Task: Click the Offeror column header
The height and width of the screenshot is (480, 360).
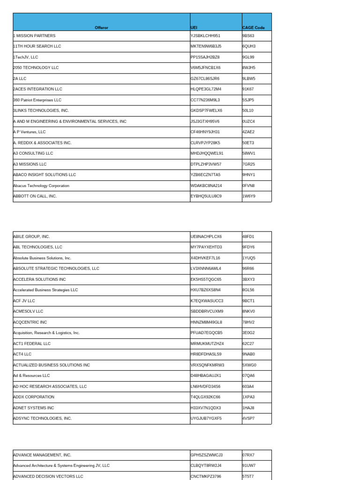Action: pos(101,28)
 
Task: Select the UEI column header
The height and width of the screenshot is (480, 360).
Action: pos(194,28)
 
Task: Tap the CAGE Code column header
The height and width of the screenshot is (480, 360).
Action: pos(253,28)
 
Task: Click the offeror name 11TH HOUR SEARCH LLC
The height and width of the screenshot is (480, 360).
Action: pos(37,46)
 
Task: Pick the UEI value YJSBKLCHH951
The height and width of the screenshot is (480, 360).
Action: pos(205,36)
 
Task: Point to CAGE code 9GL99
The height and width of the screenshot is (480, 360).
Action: pos(248,57)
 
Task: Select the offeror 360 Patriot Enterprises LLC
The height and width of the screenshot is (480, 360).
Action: pos(37,100)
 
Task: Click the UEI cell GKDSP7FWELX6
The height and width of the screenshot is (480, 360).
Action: pos(206,111)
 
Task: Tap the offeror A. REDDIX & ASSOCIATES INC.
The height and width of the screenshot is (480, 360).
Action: pos(42,142)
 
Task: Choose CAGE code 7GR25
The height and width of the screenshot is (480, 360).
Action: pos(248,164)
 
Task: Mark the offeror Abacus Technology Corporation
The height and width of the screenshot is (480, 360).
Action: pos(41,186)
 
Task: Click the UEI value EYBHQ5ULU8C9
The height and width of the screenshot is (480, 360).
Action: pos(206,196)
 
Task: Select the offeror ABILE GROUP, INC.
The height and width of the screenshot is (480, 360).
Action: pos(31,236)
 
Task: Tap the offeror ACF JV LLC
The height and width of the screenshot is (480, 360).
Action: pos(24,300)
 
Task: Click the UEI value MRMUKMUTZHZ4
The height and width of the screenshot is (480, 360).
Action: pos(207,344)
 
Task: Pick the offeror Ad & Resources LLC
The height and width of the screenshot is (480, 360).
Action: pos(31,375)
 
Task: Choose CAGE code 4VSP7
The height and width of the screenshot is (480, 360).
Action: pos(248,418)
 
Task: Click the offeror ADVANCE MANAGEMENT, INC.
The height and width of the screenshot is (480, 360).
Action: pos(42,455)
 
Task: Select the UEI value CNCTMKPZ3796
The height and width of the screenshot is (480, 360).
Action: pos(206,476)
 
